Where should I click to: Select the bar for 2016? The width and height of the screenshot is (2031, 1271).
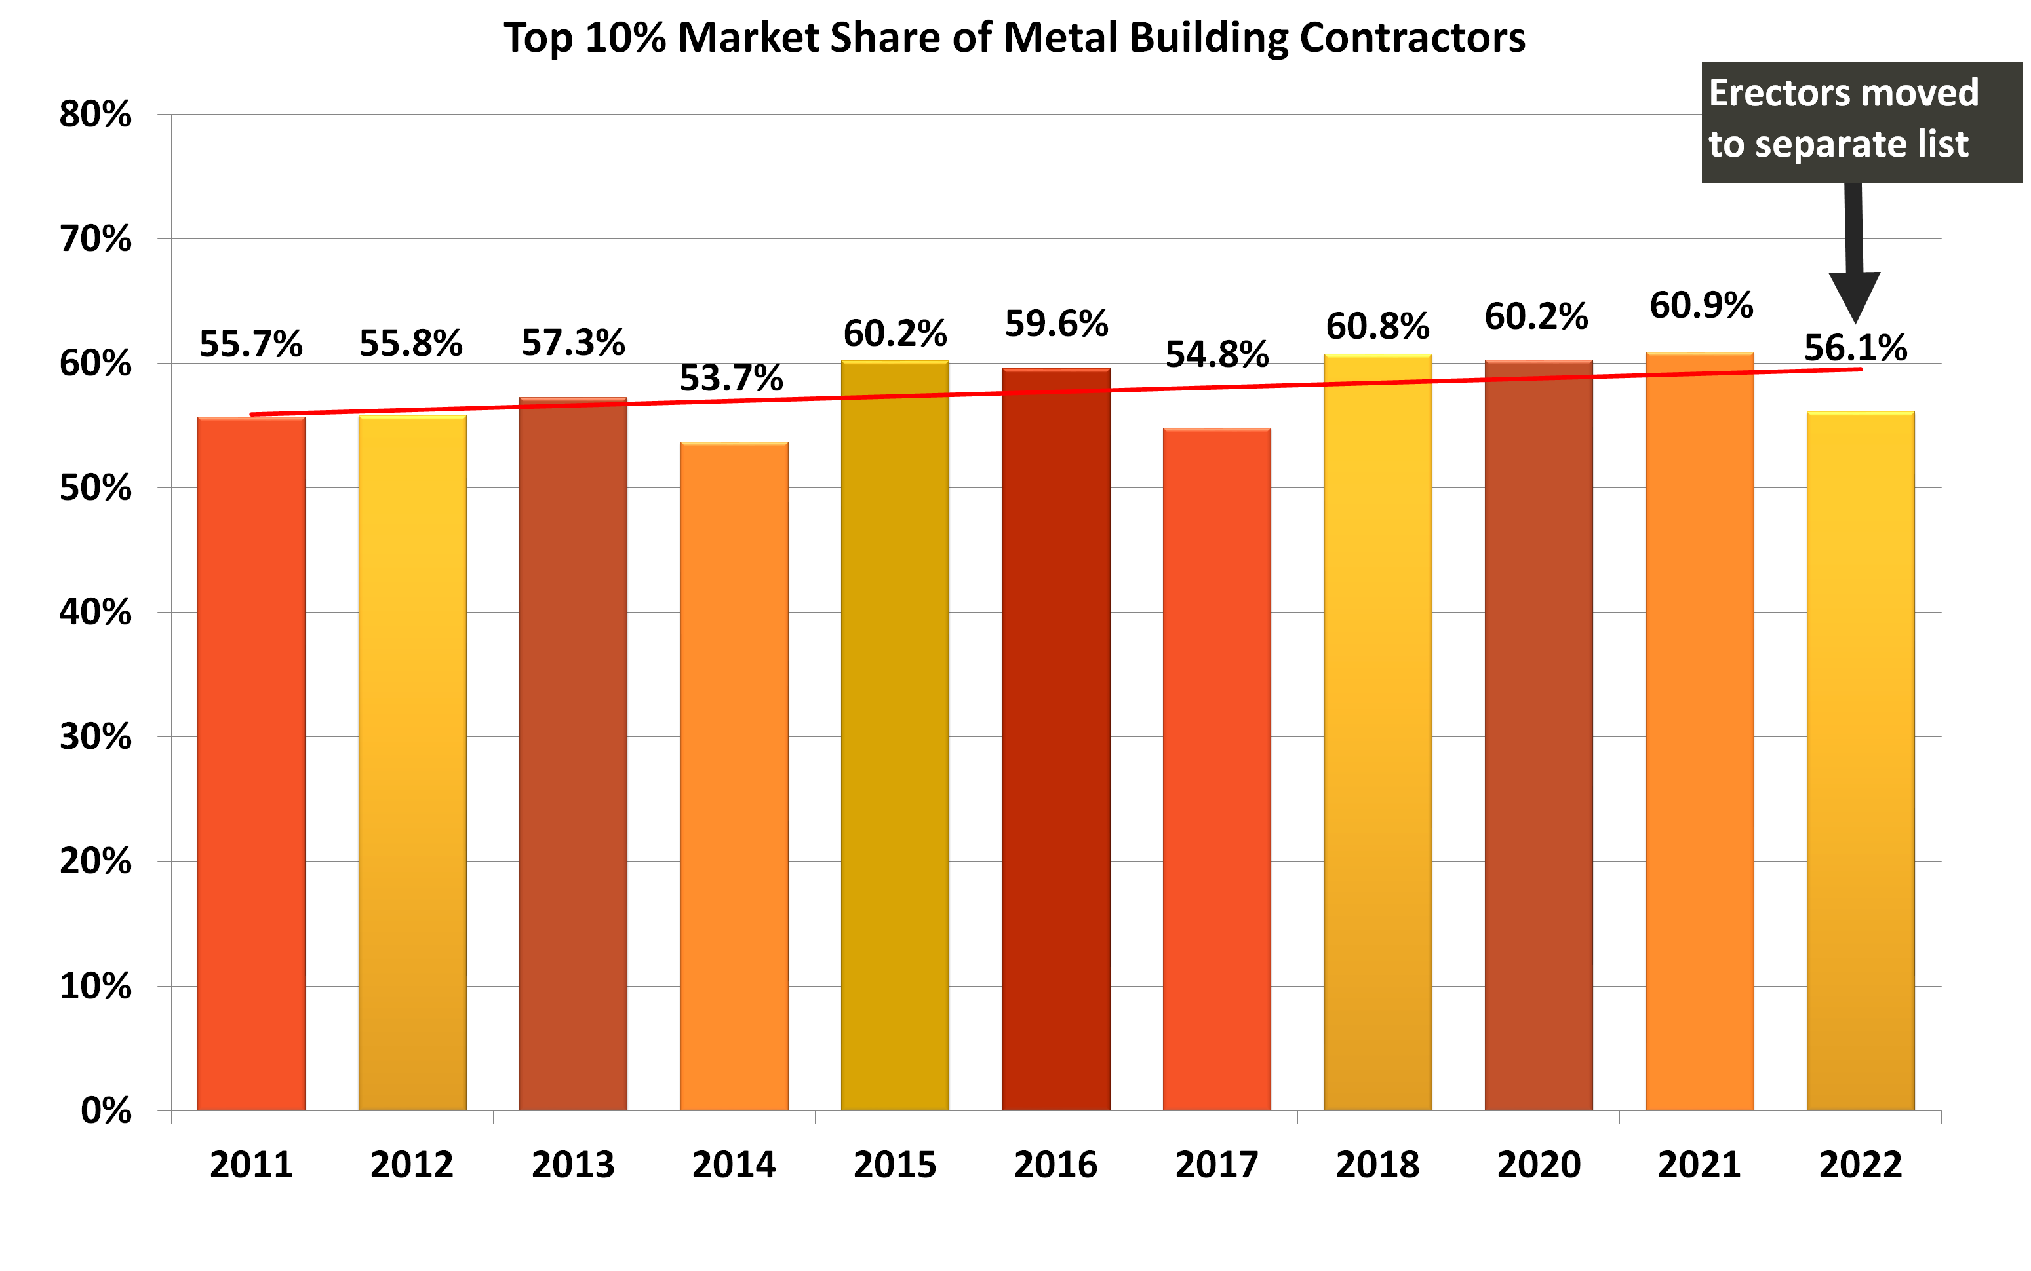pyautogui.click(x=1055, y=740)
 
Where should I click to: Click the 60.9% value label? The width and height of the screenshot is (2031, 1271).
pyautogui.click(x=1701, y=305)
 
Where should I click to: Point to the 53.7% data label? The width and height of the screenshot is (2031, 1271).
pyautogui.click(x=731, y=378)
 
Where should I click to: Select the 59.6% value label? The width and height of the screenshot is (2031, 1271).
pyautogui.click(x=1055, y=324)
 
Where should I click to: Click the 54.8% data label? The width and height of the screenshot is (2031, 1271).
pyautogui.click(x=1216, y=354)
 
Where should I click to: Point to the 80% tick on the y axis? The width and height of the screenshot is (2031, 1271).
pyautogui.click(x=95, y=114)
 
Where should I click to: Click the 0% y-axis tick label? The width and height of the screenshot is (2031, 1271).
pyautogui.click(x=106, y=1110)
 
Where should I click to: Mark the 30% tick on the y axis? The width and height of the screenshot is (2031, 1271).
pyautogui.click(x=95, y=737)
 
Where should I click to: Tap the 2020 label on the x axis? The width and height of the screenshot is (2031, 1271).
pyautogui.click(x=1538, y=1165)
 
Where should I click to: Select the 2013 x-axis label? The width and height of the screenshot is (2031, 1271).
pyautogui.click(x=573, y=1165)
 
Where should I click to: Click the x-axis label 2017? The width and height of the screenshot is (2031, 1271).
pyautogui.click(x=1216, y=1165)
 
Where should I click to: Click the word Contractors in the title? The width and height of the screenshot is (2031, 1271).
pyautogui.click(x=1412, y=38)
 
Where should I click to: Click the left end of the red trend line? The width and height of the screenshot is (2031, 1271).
pyautogui.click(x=252, y=415)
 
